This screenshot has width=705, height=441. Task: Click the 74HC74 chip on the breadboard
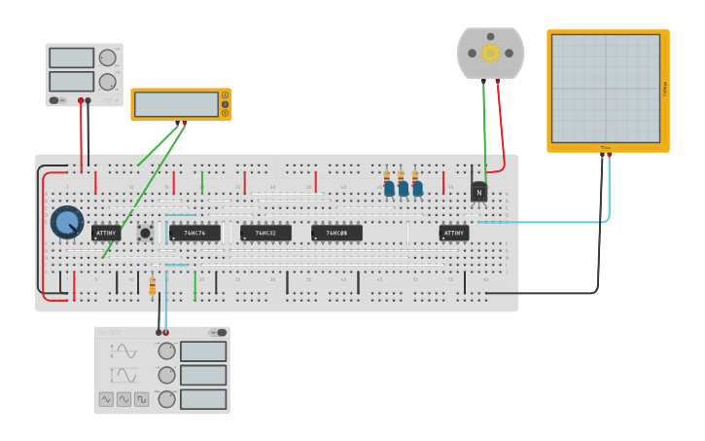pos(194,234)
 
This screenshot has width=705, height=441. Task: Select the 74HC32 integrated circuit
pos(265,234)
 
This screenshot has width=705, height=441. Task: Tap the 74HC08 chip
pos(336,234)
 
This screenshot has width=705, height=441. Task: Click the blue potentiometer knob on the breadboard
pos(67,222)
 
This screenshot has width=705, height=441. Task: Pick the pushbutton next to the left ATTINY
pos(145,233)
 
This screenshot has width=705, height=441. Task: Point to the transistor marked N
pos(478,192)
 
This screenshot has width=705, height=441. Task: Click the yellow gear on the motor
pos(490,53)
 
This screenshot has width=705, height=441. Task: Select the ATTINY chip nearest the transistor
pos(453,234)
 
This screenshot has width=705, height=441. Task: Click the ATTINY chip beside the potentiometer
pos(107,234)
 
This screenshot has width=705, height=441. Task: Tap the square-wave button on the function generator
pos(106,399)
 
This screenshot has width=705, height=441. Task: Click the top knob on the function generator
pos(167,351)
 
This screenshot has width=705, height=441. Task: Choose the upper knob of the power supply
pos(107,58)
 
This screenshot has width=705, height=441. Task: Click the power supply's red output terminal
pos(81,100)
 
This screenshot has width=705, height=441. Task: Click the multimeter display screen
pos(176,104)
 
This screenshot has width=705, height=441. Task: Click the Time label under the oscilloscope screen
pos(605,148)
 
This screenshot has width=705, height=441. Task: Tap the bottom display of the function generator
pos(202,399)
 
